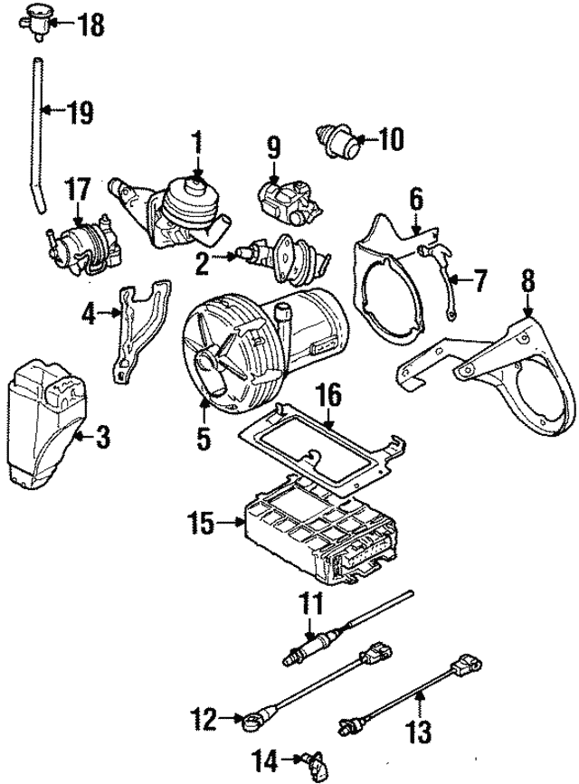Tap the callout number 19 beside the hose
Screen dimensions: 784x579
pyautogui.click(x=79, y=113)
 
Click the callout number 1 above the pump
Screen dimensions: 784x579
pyautogui.click(x=196, y=142)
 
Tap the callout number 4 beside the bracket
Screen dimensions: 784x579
pyautogui.click(x=88, y=315)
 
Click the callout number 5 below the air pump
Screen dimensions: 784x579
pyautogui.click(x=204, y=439)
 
